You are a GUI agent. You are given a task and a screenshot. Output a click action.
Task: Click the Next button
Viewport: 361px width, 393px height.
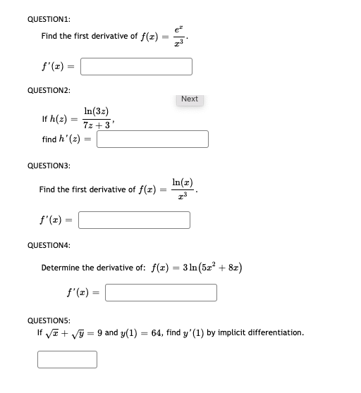189,99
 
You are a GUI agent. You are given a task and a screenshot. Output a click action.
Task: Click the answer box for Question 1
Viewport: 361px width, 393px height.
136,66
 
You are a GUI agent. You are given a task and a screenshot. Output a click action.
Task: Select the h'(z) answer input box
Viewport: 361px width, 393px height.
153,139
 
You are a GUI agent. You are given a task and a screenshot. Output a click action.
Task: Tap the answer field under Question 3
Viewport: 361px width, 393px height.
134,220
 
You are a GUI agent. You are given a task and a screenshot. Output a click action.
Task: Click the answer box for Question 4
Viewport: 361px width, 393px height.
161,292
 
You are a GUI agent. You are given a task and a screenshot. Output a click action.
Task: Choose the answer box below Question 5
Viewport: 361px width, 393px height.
67,359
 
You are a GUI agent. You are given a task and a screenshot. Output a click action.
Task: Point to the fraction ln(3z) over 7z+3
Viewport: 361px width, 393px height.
96,118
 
